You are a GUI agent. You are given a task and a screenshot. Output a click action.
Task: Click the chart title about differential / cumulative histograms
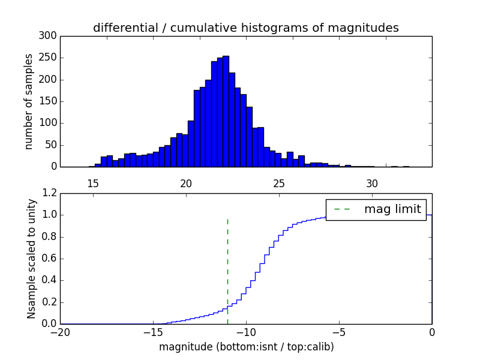pyautogui.click(x=245, y=28)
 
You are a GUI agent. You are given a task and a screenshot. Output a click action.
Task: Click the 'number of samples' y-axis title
pyautogui.click(x=29, y=101)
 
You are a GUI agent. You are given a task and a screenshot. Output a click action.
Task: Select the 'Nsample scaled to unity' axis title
pyautogui.click(x=31, y=259)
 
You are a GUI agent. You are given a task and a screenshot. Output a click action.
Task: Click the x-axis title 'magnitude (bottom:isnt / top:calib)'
pyautogui.click(x=246, y=347)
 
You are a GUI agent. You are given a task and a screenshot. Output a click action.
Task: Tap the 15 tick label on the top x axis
pyautogui.click(x=93, y=183)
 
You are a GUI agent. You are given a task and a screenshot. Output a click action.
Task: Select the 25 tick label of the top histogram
pyautogui.click(x=279, y=183)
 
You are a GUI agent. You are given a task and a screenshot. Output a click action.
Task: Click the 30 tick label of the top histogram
pyautogui.click(x=372, y=183)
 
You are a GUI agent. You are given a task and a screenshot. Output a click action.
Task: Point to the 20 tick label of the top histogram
pyautogui.click(x=186, y=183)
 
